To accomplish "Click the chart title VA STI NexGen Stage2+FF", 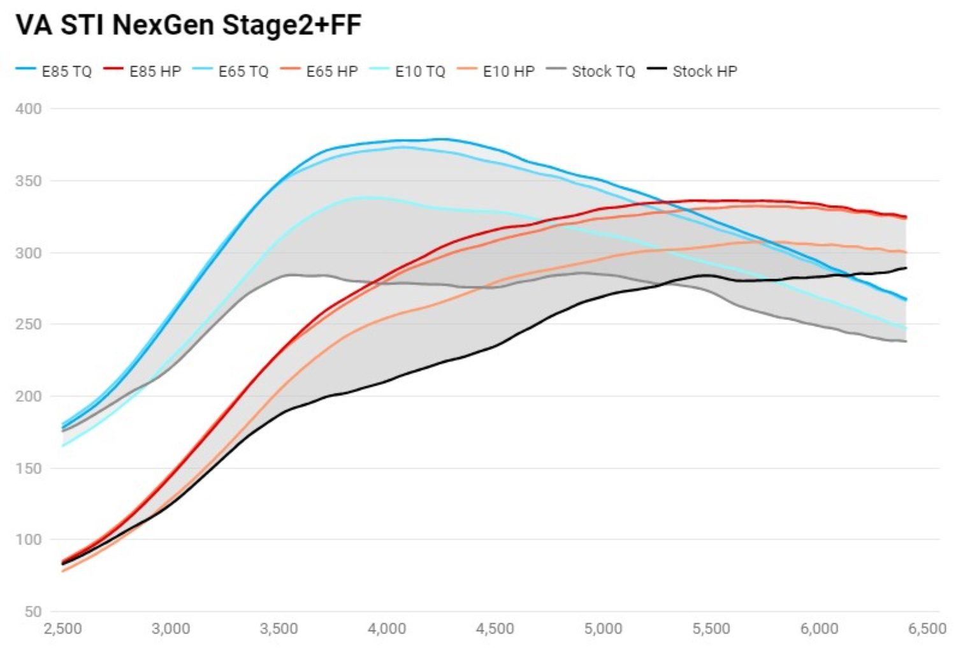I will (189, 25).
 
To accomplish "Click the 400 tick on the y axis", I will (29, 109).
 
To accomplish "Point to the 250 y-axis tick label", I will (29, 324).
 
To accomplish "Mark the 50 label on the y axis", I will (33, 612).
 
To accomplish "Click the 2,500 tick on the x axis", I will (62, 629).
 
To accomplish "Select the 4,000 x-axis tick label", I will (387, 629).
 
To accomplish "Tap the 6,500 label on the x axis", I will (927, 629).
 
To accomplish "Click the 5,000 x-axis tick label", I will (603, 629).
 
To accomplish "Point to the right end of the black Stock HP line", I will (906, 268).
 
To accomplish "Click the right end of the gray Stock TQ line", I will (906, 342).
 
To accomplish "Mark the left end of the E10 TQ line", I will (62, 446).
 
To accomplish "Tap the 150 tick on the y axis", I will (29, 469).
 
